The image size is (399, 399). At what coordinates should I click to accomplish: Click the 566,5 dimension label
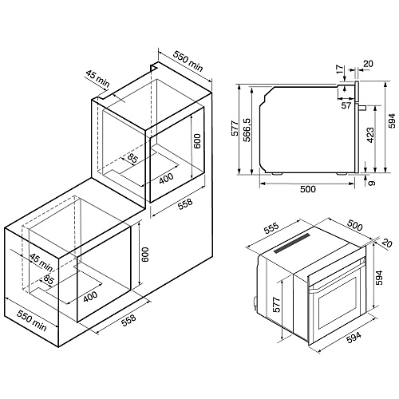point(247,130)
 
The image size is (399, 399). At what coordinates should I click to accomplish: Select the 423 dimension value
point(370,136)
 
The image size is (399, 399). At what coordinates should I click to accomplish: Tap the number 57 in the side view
point(346,106)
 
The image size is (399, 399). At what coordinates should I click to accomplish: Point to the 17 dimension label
point(340,69)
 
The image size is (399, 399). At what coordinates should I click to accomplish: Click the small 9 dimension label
point(372,183)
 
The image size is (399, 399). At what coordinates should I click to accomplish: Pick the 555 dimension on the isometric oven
point(271,230)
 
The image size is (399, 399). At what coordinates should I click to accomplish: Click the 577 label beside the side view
point(235,128)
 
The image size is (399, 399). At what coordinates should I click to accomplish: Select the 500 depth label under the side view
point(308,189)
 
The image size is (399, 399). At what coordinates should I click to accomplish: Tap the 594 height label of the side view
point(392,121)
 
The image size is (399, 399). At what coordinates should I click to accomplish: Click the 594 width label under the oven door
point(354,338)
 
